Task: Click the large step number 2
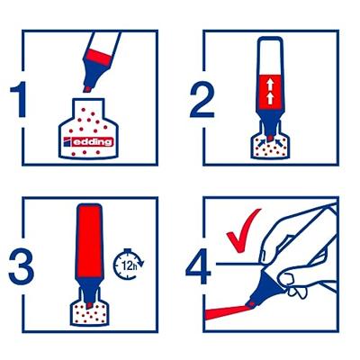(202, 99)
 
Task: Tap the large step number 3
(21, 266)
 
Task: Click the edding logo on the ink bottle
(89, 141)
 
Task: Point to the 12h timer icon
(129, 265)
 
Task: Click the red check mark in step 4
(242, 231)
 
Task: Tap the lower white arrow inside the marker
(270, 98)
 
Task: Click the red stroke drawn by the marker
(225, 310)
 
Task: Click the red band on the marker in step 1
(98, 57)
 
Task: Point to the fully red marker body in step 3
(90, 240)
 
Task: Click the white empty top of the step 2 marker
(270, 56)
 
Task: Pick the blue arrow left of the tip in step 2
(262, 140)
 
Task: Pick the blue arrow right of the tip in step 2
(279, 140)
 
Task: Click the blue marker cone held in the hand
(264, 285)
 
